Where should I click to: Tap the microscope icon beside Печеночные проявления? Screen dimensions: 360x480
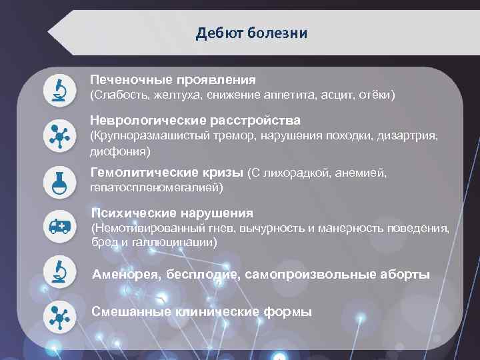[x=58, y=89]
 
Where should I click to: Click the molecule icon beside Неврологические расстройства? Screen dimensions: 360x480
[x=58, y=135]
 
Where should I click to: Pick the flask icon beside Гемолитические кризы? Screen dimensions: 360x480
[x=58, y=180]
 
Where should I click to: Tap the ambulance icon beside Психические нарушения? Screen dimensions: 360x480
[x=58, y=226]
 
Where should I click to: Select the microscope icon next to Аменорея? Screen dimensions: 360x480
[x=58, y=271]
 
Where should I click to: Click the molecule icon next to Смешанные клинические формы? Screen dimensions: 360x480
[x=58, y=317]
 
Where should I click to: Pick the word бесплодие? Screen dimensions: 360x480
[x=198, y=275]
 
